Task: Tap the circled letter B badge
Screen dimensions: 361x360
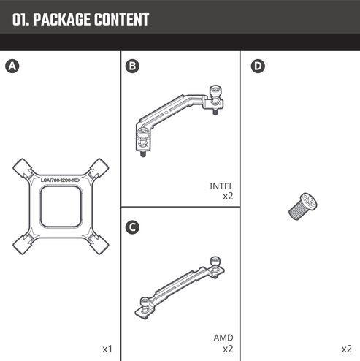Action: click(132, 66)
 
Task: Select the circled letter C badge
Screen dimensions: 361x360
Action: click(132, 227)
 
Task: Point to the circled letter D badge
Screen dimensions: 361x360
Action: click(256, 66)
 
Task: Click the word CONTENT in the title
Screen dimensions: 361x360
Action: click(122, 20)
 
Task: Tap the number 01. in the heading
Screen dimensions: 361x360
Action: click(21, 20)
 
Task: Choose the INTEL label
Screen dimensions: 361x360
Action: click(221, 186)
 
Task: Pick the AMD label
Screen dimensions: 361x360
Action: click(223, 338)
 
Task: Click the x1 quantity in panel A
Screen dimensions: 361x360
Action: click(107, 349)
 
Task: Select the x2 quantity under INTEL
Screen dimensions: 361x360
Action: click(228, 196)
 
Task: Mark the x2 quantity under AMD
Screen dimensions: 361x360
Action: click(228, 349)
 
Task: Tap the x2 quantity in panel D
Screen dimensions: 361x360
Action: click(346, 349)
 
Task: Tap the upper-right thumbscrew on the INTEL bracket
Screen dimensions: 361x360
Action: click(215, 94)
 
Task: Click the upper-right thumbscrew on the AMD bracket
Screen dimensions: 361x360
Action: click(215, 263)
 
